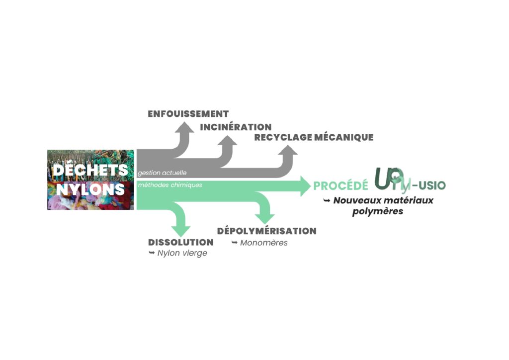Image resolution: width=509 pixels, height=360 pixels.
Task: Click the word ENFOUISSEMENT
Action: click(188, 114)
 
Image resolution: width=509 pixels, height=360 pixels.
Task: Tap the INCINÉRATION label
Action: click(236, 127)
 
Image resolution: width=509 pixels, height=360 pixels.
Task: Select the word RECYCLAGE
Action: click(283, 137)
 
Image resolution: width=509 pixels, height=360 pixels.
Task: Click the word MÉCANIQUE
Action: click(344, 137)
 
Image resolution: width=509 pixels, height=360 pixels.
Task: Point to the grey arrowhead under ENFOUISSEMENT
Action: click(184, 127)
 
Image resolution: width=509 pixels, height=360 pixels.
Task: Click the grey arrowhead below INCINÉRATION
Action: click(228, 140)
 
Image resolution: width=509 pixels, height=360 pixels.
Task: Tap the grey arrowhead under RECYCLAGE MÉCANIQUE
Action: click(288, 150)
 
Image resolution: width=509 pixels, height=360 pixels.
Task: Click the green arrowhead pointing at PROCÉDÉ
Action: click(306, 186)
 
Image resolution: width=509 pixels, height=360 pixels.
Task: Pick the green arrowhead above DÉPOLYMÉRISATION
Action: click(265, 219)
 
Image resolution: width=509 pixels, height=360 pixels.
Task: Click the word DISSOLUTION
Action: click(181, 243)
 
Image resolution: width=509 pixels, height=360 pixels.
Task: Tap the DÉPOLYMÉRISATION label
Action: click(267, 231)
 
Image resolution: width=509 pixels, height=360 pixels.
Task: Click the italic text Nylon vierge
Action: click(182, 253)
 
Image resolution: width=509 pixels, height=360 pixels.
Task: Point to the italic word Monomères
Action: click(264, 243)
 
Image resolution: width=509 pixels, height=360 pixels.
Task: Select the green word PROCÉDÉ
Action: click(341, 185)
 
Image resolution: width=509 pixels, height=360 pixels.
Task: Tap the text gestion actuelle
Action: click(162, 173)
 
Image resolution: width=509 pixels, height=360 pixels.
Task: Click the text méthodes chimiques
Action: click(170, 185)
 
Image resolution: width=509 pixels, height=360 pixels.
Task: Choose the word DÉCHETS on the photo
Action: click(90, 170)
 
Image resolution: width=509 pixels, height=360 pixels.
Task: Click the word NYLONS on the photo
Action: click(90, 189)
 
